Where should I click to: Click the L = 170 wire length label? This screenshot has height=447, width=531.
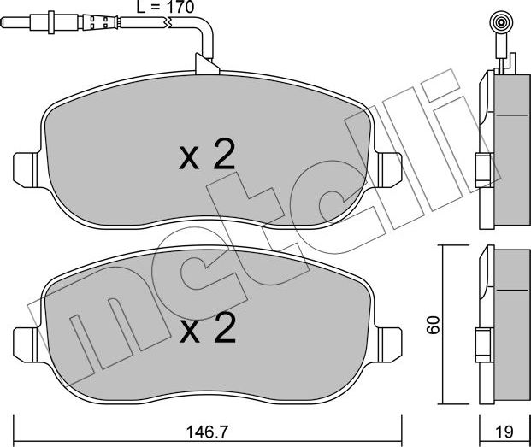pyautogui.click(x=167, y=9)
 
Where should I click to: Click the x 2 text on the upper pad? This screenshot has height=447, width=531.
pyautogui.click(x=207, y=157)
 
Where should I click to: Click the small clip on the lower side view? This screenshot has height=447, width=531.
pyautogui.click(x=482, y=339)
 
